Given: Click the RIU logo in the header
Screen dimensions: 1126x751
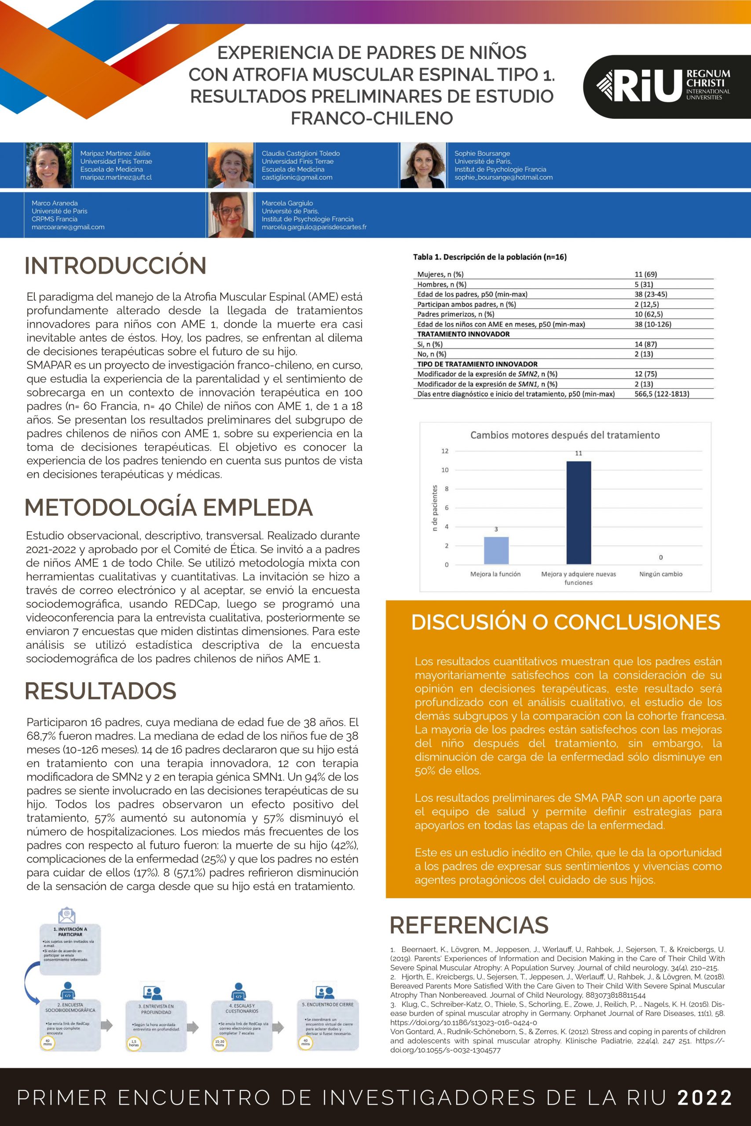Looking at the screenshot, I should tap(663, 86).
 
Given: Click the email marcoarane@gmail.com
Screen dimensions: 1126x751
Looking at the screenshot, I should tap(68, 227).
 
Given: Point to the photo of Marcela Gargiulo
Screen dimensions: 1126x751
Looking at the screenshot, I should tap(231, 215).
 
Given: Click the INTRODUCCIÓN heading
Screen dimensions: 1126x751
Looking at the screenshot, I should tap(115, 266).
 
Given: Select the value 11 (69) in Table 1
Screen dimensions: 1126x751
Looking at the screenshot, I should tap(645, 274).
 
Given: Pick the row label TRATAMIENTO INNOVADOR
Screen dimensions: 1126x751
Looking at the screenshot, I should tap(463, 334).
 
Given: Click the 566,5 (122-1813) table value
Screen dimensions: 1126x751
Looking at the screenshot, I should tap(661, 394).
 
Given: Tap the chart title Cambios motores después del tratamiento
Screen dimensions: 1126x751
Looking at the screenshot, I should tap(565, 435).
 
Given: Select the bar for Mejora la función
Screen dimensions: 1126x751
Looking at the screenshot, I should tap(496, 551).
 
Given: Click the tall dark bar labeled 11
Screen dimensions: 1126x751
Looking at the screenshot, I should tap(579, 513).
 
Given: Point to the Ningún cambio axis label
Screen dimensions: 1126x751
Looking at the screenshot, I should tap(660, 574).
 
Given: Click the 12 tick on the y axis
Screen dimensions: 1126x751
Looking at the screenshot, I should tap(445, 451).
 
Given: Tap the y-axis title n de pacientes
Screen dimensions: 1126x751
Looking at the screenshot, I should tap(434, 508).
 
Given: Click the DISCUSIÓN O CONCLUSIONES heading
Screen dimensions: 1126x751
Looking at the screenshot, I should tap(565, 622).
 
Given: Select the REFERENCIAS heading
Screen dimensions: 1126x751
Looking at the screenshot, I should tap(469, 925).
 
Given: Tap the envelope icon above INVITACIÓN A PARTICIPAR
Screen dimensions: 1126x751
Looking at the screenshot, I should tap(66, 915).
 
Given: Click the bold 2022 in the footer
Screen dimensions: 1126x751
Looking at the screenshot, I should tap(704, 1097).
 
